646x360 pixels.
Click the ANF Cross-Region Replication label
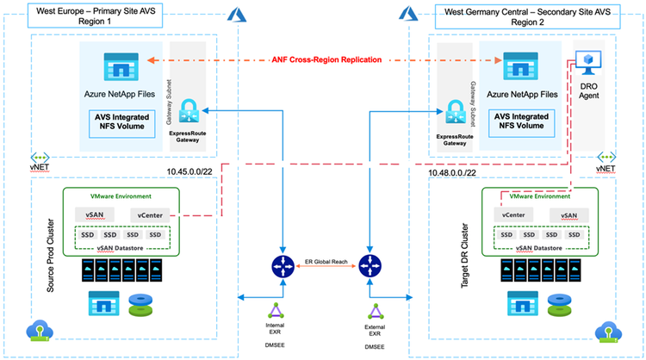coord(322,61)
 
